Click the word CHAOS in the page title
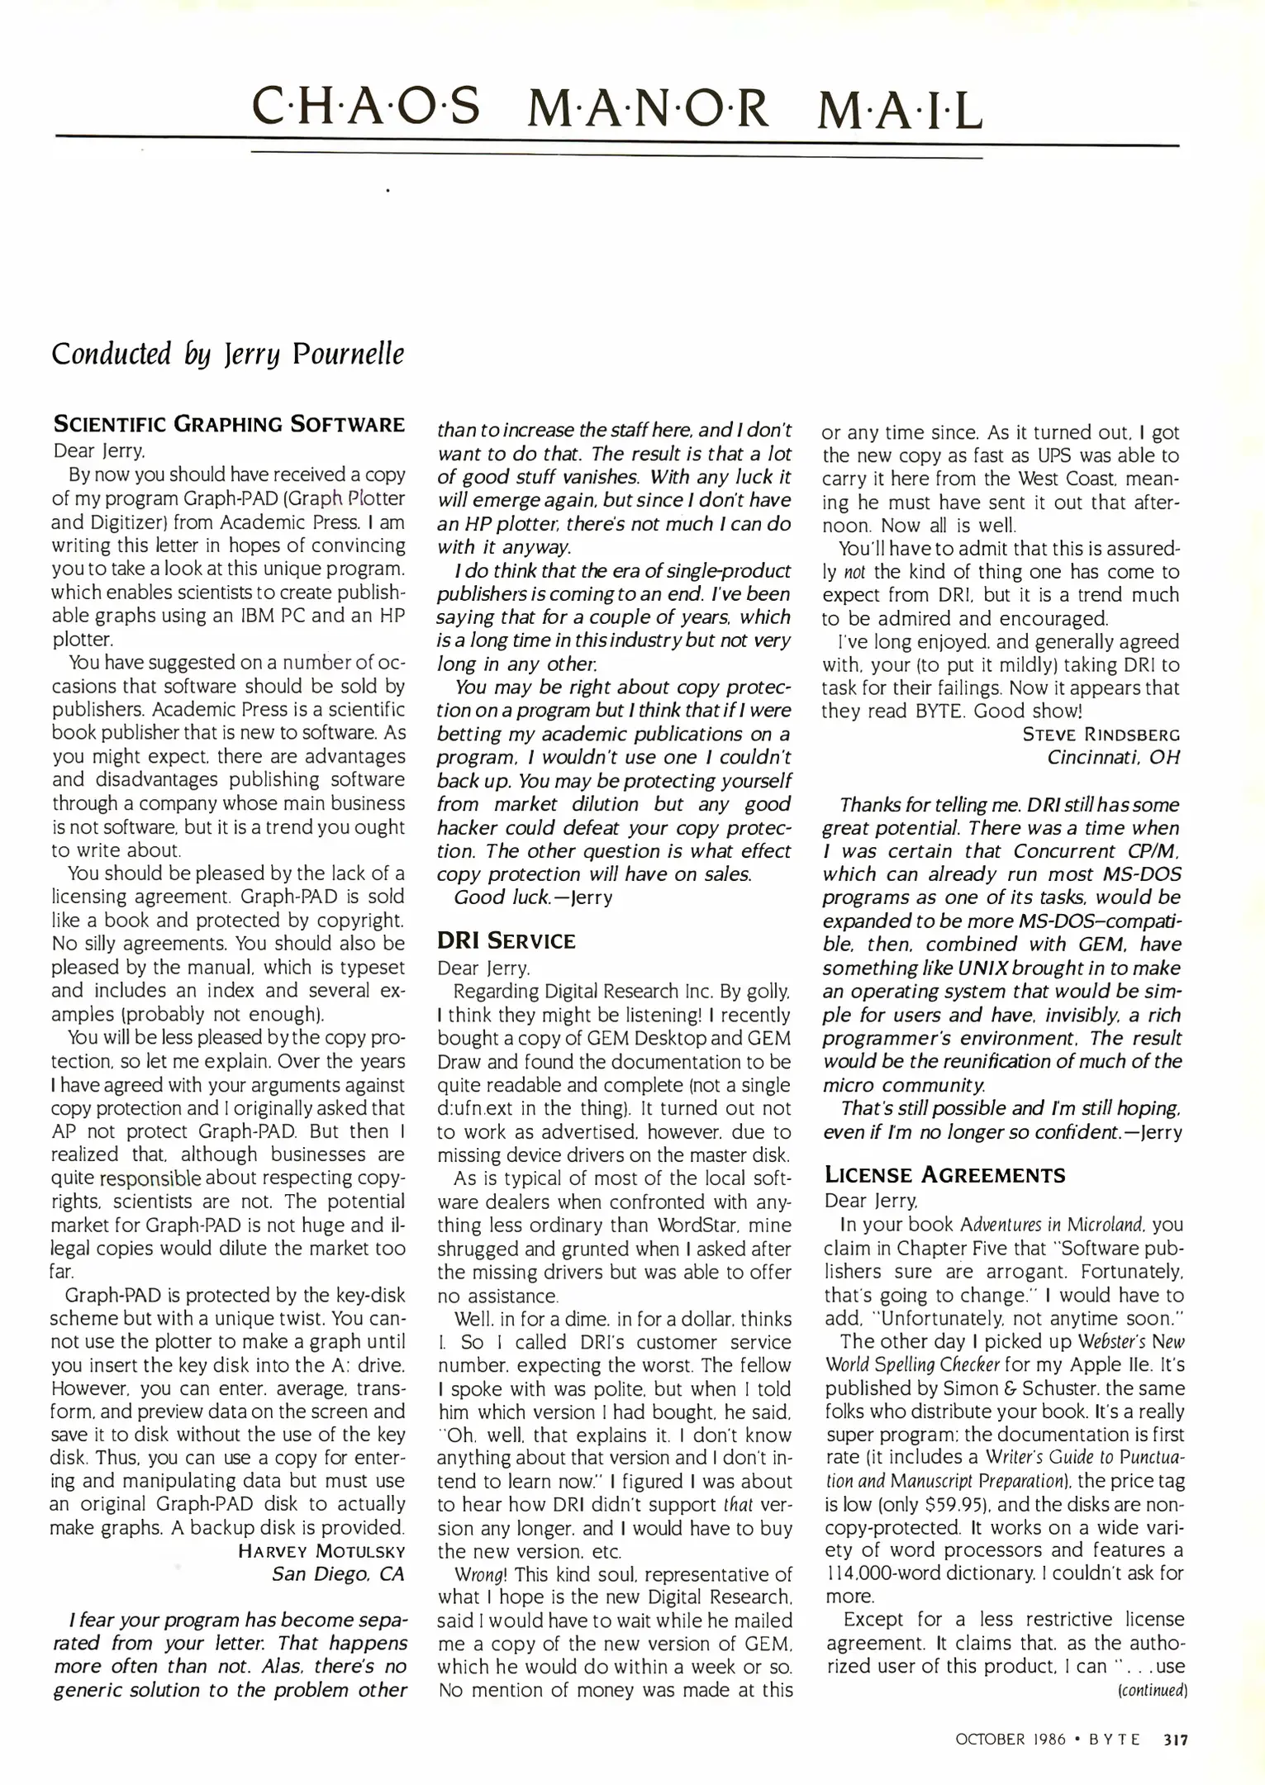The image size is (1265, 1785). (x=365, y=108)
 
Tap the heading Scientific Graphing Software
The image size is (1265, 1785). (x=229, y=425)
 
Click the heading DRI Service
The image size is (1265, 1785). (x=506, y=941)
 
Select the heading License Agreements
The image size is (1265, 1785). (x=944, y=1175)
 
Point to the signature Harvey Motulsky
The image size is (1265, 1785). (x=321, y=1551)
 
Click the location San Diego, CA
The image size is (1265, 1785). (x=338, y=1574)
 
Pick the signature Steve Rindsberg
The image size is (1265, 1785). (x=1101, y=734)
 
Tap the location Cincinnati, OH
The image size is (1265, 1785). (x=1113, y=757)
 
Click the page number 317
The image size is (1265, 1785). (x=1175, y=1740)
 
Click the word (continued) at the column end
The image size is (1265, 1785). (x=1152, y=1690)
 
